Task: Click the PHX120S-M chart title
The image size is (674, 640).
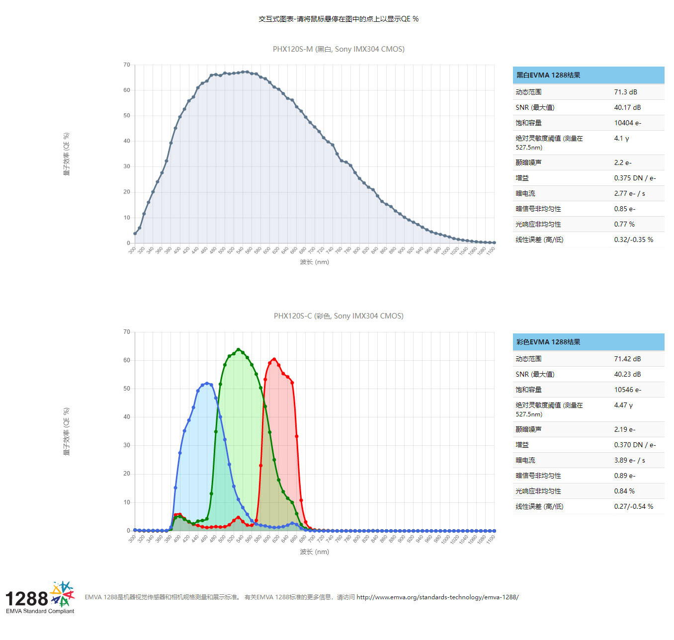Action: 338,49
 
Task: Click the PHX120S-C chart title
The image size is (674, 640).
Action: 338,316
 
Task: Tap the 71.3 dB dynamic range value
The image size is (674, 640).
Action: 625,92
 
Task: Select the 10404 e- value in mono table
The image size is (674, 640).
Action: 627,123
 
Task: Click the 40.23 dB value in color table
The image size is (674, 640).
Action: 627,374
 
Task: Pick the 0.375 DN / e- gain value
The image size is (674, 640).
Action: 635,178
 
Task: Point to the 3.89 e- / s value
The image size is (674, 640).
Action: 629,460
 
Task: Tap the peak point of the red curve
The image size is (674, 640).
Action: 274,359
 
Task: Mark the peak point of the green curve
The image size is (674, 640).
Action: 238,350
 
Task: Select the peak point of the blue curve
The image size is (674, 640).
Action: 207,384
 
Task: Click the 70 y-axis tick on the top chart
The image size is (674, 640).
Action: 127,65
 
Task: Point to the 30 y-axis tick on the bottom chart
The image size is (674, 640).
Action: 127,445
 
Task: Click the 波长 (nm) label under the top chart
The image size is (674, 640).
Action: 314,262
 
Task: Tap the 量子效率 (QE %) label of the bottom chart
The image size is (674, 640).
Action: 67,431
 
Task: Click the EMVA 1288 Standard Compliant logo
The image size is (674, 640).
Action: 40,598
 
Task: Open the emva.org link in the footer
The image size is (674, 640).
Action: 437,597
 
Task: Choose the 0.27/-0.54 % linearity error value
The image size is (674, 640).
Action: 633,506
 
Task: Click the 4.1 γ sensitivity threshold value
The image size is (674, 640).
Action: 621,138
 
